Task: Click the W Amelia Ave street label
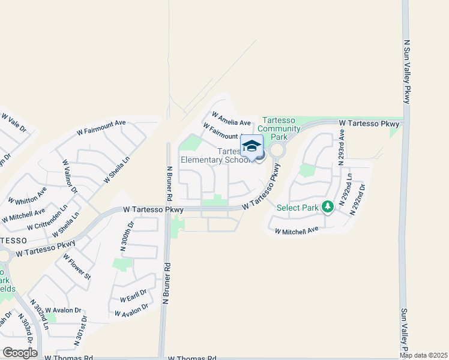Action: [x=231, y=118]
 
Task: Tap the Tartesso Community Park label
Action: [x=279, y=128]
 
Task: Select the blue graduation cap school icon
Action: [x=252, y=146]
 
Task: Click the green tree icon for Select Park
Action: [x=327, y=208]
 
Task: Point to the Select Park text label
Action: [x=297, y=208]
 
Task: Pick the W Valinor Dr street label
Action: [x=70, y=176]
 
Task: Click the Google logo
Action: [x=20, y=353]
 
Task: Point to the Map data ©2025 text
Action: [x=424, y=355]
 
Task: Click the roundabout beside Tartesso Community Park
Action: [x=277, y=150]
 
